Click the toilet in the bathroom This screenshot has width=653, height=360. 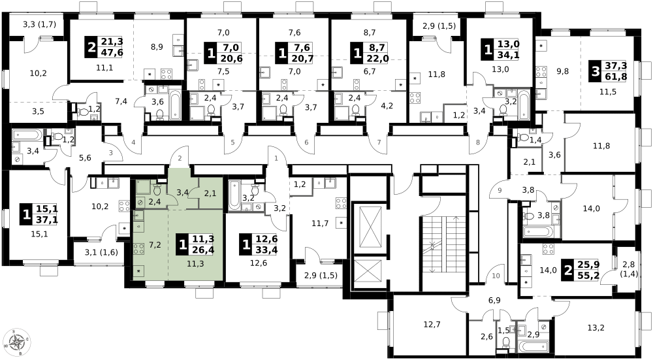(x=157, y=190)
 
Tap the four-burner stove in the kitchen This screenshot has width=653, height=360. (x=138, y=249)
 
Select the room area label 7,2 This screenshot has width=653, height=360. (x=155, y=245)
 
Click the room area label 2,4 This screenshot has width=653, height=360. (x=155, y=201)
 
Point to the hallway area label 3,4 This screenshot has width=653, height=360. (x=182, y=192)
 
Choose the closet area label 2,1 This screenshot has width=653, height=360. (x=210, y=193)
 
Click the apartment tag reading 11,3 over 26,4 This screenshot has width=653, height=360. (x=195, y=244)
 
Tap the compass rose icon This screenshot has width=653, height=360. (x=16, y=342)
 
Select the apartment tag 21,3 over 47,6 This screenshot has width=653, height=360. (x=104, y=47)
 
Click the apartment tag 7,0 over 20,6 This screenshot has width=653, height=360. (x=223, y=53)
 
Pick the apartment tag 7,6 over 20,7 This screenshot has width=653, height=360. (x=295, y=53)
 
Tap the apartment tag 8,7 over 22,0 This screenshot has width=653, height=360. (x=370, y=53)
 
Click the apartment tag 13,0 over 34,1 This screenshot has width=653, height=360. (x=500, y=50)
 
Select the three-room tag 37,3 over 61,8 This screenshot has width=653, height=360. (x=607, y=71)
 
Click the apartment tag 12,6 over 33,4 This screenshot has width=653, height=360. (x=258, y=244)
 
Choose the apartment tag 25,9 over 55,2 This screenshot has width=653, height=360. (x=580, y=270)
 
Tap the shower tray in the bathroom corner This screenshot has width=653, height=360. (x=143, y=187)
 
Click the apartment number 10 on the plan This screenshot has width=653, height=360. (x=496, y=276)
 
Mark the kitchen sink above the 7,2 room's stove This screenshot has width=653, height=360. (x=138, y=216)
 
